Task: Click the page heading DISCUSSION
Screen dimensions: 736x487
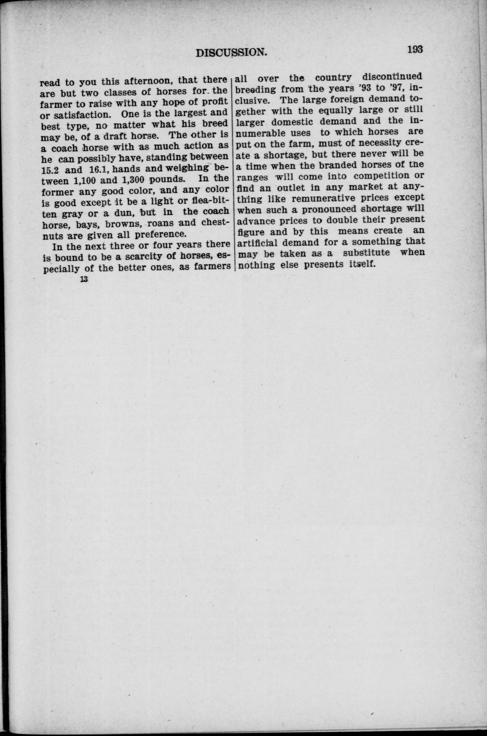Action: click(x=231, y=52)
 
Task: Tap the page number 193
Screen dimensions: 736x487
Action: click(x=414, y=50)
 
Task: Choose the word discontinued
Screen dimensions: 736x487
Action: click(x=393, y=77)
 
